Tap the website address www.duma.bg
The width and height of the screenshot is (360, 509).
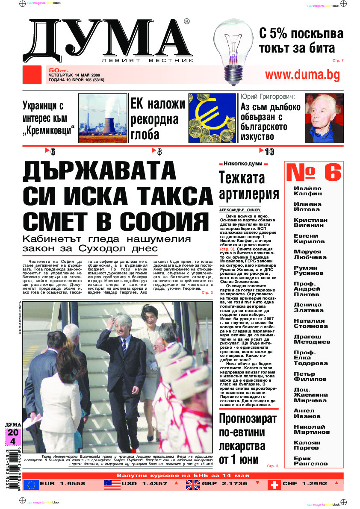coord(302,75)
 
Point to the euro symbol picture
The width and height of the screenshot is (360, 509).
coord(212,118)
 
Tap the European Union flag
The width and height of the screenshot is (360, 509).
coord(31,484)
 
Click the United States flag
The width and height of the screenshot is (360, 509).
coord(112,484)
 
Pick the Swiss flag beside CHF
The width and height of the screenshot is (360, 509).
coord(274,484)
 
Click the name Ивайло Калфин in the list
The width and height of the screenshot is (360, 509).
coord(308,191)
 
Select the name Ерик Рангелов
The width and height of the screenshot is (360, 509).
coord(310,461)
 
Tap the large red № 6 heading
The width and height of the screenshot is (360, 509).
coord(313,173)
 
